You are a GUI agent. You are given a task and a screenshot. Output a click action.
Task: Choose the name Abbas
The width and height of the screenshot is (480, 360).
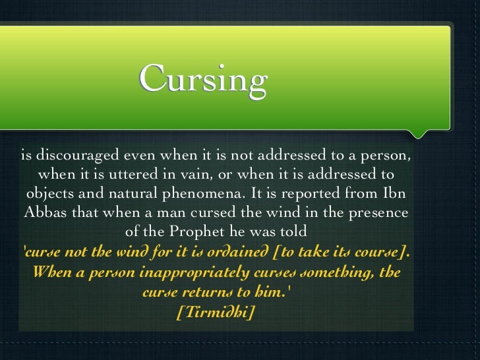pos(46,214)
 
